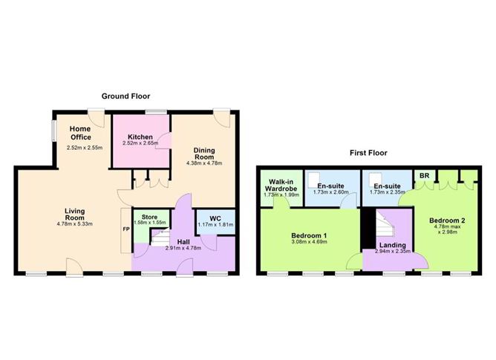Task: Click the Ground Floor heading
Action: (x=125, y=96)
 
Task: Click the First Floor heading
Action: (x=368, y=153)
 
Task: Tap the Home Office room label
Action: (x=81, y=133)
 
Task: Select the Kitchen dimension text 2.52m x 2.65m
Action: (x=140, y=143)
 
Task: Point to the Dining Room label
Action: (x=204, y=154)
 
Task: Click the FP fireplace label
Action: (x=126, y=229)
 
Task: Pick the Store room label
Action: (x=149, y=217)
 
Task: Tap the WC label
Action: (x=215, y=218)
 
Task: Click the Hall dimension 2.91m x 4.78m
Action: (x=183, y=248)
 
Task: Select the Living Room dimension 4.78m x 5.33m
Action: (x=75, y=224)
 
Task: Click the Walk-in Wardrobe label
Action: (x=281, y=185)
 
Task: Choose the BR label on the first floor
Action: (x=424, y=175)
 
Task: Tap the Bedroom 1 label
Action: (x=309, y=235)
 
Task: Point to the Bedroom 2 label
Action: (x=447, y=220)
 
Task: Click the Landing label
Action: (x=393, y=245)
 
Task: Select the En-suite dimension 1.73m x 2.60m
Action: (x=331, y=192)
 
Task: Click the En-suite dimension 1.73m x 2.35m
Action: (x=387, y=192)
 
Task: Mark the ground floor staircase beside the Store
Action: (x=160, y=238)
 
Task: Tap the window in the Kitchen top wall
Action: (x=156, y=111)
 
